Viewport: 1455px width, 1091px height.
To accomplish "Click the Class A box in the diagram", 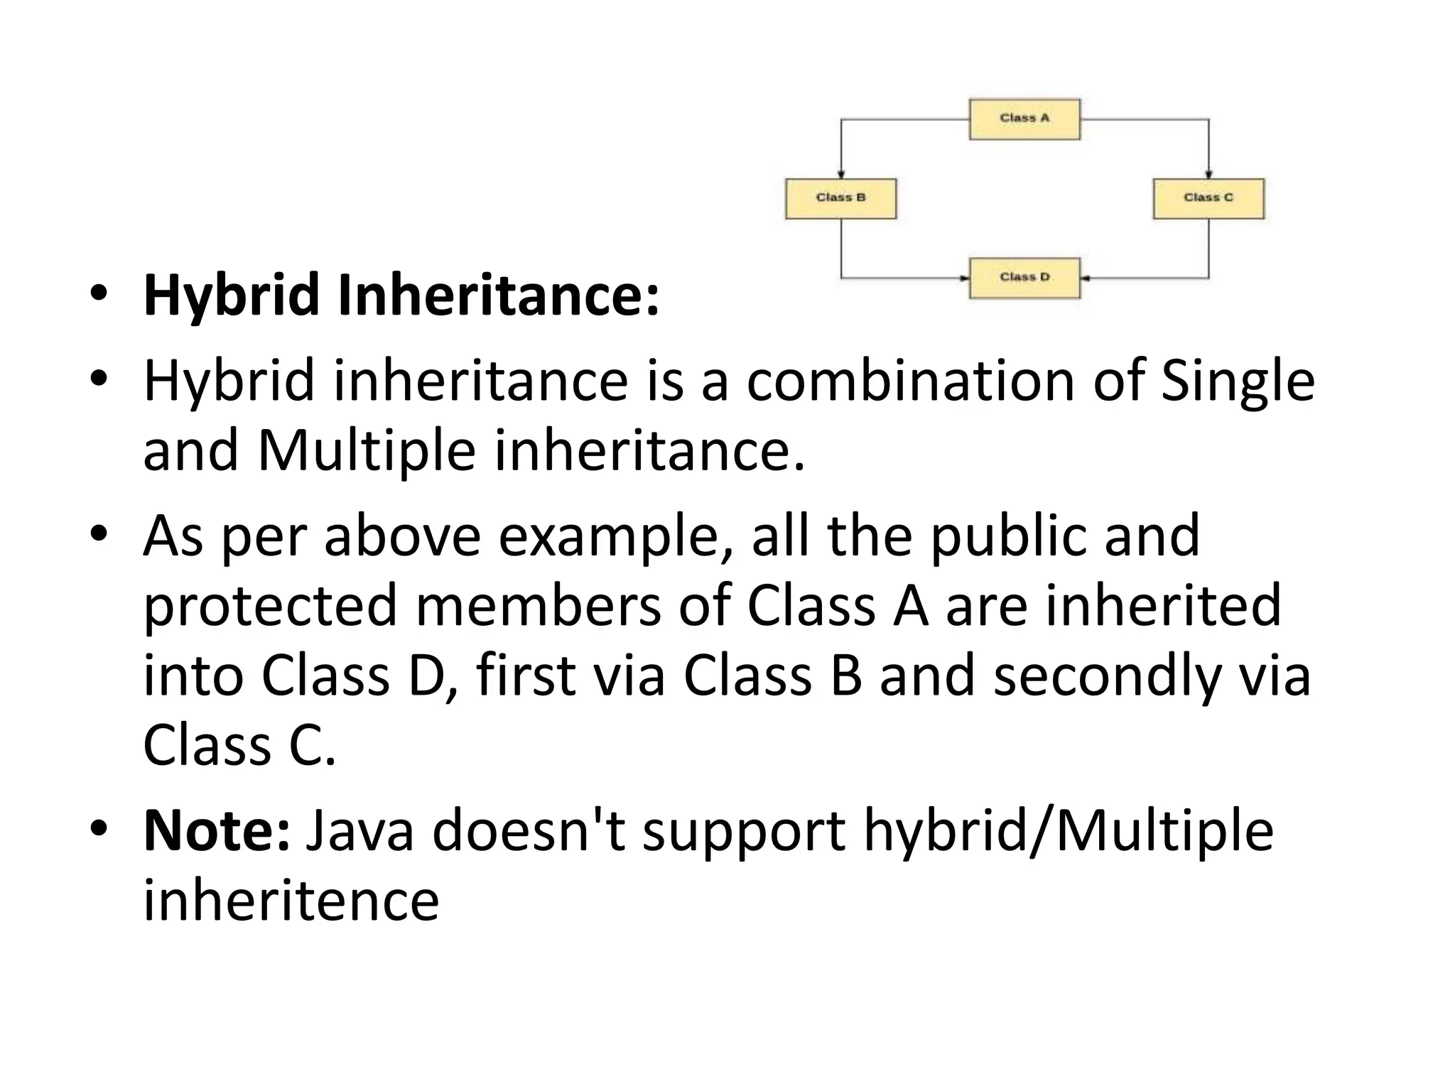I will tap(1024, 119).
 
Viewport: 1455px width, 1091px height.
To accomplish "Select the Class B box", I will tap(840, 198).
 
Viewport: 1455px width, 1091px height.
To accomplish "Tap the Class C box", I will tap(1208, 198).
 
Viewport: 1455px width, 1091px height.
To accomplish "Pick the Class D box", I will tap(1024, 278).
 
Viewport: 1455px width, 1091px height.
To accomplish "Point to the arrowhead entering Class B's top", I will tap(841, 174).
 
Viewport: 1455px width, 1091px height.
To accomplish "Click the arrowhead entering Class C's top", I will tap(1208, 174).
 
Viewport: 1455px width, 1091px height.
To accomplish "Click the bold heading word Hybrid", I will tap(232, 295).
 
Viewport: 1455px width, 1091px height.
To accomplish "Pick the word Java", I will tap(359, 830).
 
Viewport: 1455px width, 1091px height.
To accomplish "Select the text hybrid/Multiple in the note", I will tap(1068, 830).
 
